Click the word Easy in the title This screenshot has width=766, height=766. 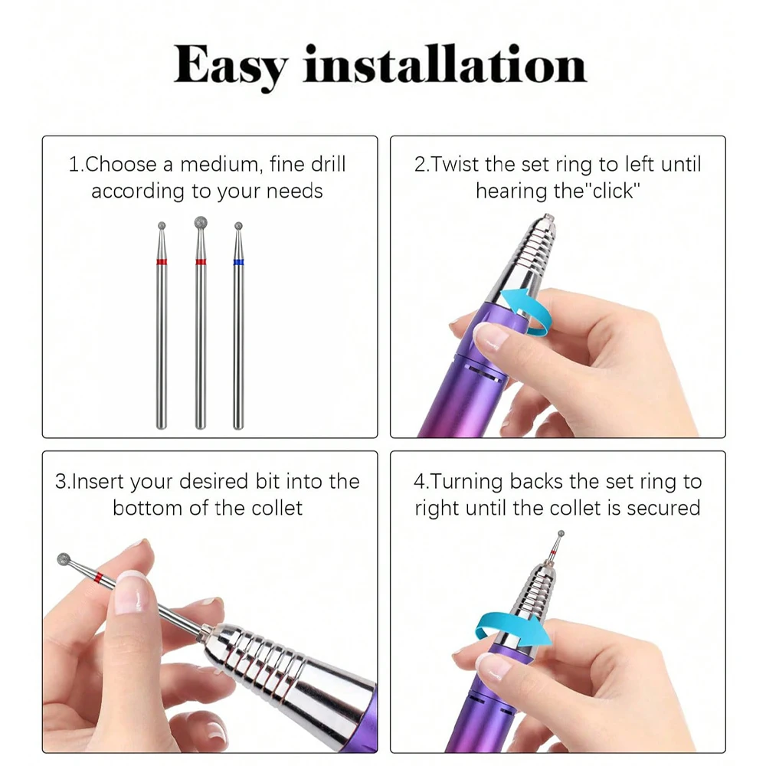(x=230, y=65)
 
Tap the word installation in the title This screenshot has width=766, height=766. (x=445, y=65)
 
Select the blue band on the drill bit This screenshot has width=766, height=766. (x=238, y=262)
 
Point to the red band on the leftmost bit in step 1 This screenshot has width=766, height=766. (x=162, y=262)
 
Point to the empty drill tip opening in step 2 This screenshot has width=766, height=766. (x=546, y=218)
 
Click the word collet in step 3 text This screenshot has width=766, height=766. (x=275, y=508)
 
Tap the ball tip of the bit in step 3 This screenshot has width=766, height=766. (x=64, y=560)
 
